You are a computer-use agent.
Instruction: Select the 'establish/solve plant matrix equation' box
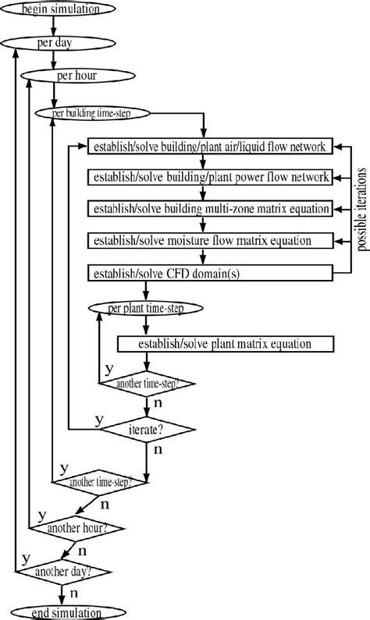(225, 343)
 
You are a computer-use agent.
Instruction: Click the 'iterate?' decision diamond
(147, 429)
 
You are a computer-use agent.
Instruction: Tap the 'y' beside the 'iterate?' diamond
(99, 420)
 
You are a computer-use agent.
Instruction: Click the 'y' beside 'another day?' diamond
(26, 559)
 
